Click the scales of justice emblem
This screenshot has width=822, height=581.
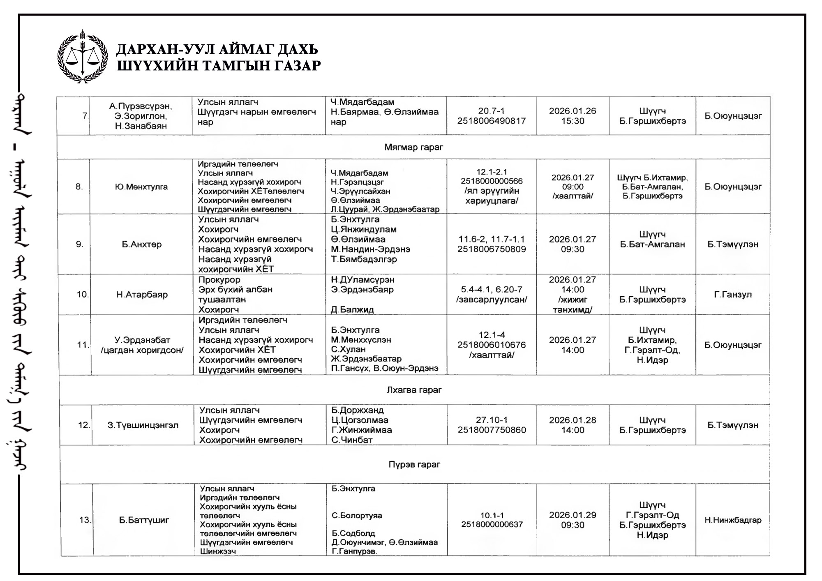(83, 56)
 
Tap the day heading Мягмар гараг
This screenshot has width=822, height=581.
(413, 147)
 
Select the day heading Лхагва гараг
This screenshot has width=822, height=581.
(413, 390)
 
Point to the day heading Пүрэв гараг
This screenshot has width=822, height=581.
(414, 464)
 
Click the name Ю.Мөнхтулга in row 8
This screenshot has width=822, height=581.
(141, 187)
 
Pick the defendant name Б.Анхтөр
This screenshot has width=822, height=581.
(141, 244)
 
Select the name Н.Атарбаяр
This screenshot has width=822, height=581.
(142, 295)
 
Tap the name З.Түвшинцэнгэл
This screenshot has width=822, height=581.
(143, 425)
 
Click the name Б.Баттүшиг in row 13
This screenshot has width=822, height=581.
(144, 520)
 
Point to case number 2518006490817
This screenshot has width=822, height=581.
(492, 121)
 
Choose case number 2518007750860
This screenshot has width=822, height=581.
(492, 430)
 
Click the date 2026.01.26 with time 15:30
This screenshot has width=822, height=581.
(573, 116)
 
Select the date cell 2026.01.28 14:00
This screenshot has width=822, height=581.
(573, 425)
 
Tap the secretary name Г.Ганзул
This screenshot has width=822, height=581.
(733, 295)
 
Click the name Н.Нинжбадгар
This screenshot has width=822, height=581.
(733, 520)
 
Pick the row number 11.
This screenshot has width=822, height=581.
(83, 345)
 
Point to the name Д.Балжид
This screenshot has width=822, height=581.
(352, 310)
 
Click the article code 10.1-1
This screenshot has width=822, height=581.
(492, 515)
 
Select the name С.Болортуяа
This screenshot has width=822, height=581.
(357, 515)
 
